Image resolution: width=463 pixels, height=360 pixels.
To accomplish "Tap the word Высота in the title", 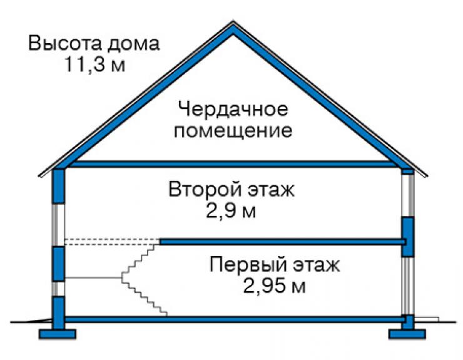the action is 65,43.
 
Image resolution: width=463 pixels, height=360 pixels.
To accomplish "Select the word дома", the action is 133,44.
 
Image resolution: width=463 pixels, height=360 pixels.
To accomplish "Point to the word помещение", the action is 233,131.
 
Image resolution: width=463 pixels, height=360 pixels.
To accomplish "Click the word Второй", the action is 205,189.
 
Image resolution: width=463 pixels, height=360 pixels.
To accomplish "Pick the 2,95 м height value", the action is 274,286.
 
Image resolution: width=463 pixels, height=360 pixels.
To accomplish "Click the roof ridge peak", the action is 233,21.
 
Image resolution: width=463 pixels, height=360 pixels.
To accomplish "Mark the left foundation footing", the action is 58,334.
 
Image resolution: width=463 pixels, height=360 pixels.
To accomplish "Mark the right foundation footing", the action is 407,334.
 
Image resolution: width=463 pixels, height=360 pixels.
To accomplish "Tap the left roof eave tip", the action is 39,177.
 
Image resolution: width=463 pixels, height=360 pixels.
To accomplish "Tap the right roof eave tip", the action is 427,176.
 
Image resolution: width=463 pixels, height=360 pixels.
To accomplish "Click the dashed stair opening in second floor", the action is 112,242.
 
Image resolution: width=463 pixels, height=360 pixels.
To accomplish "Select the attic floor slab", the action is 233,164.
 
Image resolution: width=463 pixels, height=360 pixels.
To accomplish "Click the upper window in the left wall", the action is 58,225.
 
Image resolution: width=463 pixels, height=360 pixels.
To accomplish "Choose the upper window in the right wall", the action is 408,195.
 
